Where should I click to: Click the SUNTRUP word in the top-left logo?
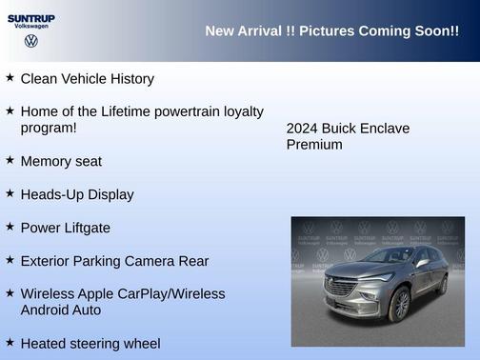[31, 17]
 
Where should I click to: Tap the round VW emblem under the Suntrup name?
[31, 42]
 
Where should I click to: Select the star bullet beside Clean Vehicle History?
[10, 77]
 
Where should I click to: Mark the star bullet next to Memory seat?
[10, 160]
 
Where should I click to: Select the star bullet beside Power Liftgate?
[10, 227]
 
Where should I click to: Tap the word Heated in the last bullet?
[46, 343]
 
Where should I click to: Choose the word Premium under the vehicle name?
[314, 145]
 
